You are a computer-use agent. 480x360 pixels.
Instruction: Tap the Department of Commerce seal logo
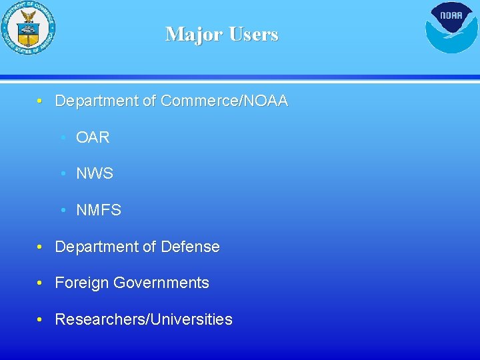pos(28,28)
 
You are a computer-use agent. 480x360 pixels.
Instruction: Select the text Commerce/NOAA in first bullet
pos(225,101)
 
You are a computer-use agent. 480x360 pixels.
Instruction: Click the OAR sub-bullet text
pos(93,138)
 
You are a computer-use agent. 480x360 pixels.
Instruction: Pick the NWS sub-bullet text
pos(95,174)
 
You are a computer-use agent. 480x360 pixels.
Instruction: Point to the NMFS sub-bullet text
pos(99,211)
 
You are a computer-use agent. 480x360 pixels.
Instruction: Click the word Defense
pos(190,247)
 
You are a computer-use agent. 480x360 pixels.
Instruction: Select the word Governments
pos(161,283)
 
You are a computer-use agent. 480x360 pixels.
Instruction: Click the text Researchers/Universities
pos(143,319)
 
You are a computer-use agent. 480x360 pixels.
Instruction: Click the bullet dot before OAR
pos(62,138)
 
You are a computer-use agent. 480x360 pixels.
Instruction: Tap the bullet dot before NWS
pos(62,174)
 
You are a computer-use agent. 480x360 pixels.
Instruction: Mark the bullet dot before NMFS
pos(62,211)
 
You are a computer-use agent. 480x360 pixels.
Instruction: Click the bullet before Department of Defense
pos(41,247)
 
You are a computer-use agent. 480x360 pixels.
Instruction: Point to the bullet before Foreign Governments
pos(41,283)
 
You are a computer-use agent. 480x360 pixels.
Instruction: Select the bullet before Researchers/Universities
pos(41,320)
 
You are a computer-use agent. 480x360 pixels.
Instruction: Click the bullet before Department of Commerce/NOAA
pos(41,101)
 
